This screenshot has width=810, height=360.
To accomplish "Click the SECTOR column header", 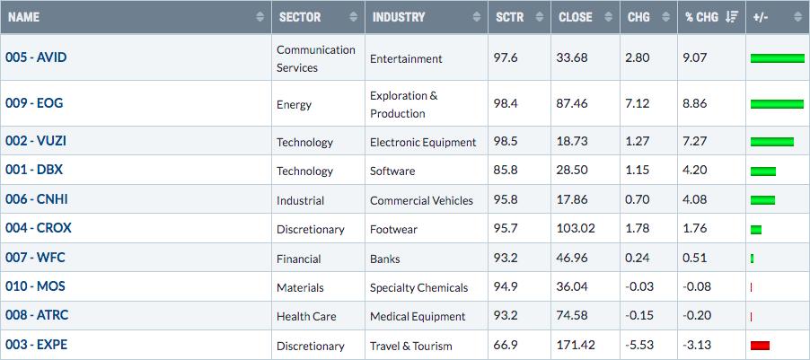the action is (x=299, y=17).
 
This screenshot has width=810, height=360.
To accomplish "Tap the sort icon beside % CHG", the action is (x=732, y=17).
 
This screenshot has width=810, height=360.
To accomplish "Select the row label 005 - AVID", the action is (x=36, y=57).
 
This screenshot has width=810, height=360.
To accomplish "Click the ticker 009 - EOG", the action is (x=34, y=103).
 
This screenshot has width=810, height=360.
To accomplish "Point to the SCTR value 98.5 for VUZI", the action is (x=506, y=142).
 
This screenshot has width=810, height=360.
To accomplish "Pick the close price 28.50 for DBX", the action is (x=572, y=171).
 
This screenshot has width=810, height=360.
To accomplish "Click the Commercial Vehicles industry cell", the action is (x=421, y=200).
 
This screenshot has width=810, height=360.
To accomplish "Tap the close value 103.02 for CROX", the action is (x=576, y=229).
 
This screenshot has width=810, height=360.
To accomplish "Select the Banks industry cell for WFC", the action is (x=385, y=259).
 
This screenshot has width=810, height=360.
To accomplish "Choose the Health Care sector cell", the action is (x=306, y=317).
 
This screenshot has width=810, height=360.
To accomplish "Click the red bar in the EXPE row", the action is (x=761, y=346).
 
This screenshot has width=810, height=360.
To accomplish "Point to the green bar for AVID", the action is (x=778, y=57).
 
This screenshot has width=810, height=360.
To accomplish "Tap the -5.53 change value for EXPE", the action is (x=639, y=345).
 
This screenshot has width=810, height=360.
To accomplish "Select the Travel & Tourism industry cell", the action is (x=410, y=346).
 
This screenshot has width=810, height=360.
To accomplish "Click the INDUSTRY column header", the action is (x=399, y=17).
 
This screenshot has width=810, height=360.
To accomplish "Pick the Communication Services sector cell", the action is (x=315, y=59).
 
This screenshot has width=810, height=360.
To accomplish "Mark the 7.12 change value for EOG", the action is (x=637, y=103).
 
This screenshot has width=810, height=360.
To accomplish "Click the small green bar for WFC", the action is (x=753, y=259).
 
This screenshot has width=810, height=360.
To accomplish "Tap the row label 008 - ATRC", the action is (x=37, y=315).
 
